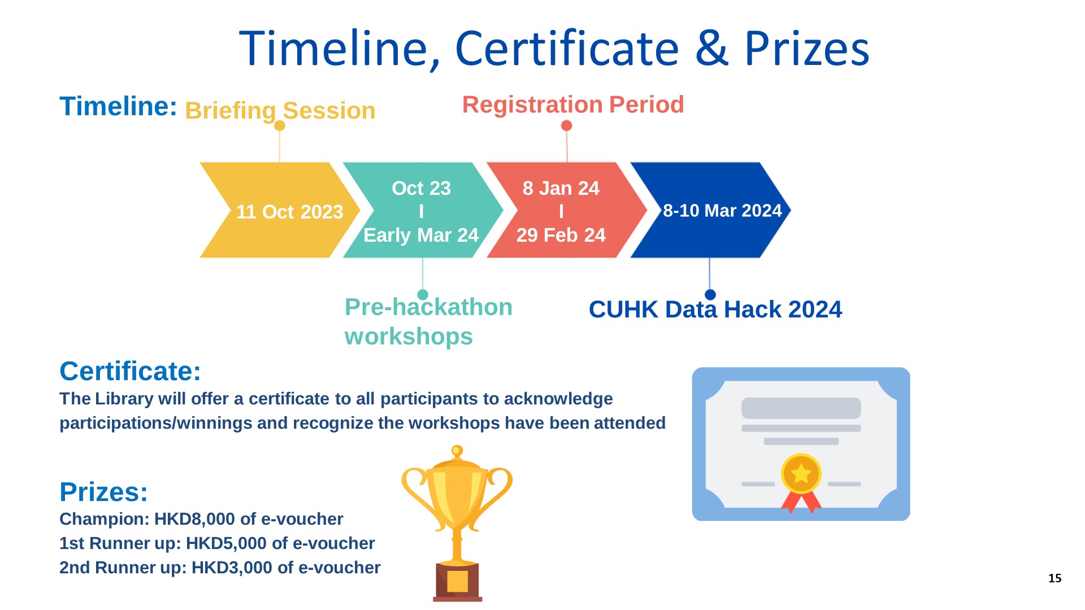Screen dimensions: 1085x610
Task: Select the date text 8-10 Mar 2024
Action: coord(722,211)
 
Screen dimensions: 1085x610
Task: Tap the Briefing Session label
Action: coord(280,110)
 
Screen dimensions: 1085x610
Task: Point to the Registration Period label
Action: coord(573,104)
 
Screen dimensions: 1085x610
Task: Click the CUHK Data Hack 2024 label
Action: coord(715,310)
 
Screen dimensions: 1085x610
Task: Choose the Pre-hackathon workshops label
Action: coord(428,321)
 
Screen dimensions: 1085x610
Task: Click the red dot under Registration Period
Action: coord(566,125)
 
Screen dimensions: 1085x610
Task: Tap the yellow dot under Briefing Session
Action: coord(280,125)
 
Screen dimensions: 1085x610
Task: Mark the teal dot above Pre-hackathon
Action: coord(423,294)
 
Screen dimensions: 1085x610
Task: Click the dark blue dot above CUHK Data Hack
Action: coord(710,294)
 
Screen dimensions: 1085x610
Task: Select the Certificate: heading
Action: coord(130,371)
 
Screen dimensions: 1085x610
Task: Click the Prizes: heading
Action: coord(103,492)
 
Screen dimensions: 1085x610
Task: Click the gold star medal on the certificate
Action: coord(801,474)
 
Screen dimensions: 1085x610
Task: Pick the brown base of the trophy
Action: coord(458,582)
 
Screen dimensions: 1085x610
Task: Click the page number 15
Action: coord(1054,578)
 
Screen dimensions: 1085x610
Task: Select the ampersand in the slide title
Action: coord(711,48)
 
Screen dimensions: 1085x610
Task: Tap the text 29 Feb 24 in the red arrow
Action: coord(561,235)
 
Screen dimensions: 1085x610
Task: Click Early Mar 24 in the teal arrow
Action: coord(421,235)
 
